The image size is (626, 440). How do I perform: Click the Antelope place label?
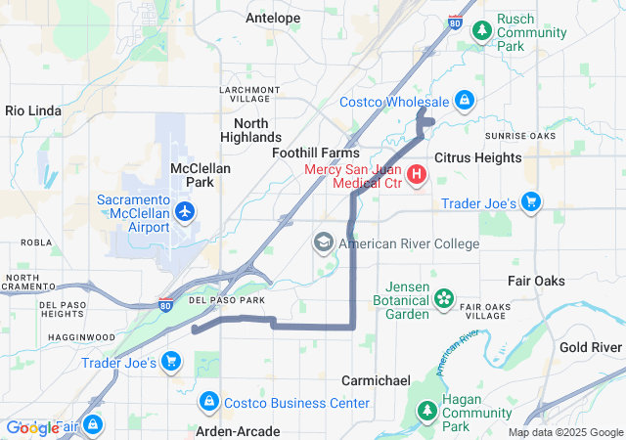pyautogui.click(x=273, y=18)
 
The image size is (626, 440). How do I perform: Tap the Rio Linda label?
pyautogui.click(x=34, y=110)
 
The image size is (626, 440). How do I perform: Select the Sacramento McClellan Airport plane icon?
pyautogui.click(x=185, y=210)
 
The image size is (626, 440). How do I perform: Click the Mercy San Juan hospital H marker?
pyautogui.click(x=417, y=175)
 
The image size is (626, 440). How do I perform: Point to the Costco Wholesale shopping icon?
pyautogui.click(x=465, y=101)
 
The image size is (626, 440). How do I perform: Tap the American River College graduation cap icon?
pyautogui.click(x=324, y=242)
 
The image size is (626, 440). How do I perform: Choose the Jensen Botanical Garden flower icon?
pyautogui.click(x=445, y=297)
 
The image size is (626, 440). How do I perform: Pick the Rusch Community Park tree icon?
pyautogui.click(x=482, y=31)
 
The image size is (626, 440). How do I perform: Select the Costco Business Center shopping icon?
pyautogui.click(x=208, y=402)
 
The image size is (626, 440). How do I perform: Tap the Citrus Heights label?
pyautogui.click(x=474, y=156)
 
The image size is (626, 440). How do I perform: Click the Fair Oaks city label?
pyautogui.click(x=536, y=281)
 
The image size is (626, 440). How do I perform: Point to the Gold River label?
pyautogui.click(x=591, y=347)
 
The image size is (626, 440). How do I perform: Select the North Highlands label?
pyautogui.click(x=257, y=130)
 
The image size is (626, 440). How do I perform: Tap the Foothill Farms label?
pyautogui.click(x=315, y=153)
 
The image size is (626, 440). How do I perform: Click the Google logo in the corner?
pyautogui.click(x=32, y=427)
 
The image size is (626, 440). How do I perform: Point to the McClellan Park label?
pyautogui.click(x=200, y=175)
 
